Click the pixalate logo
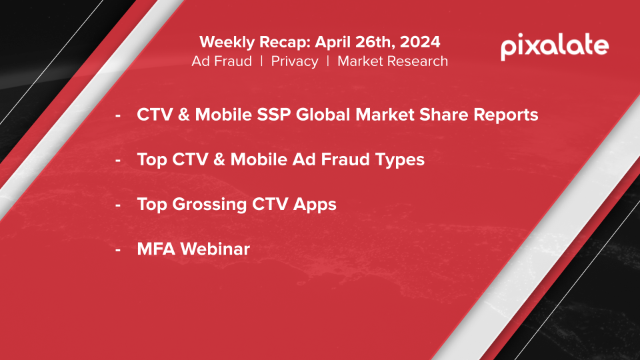click(555, 47)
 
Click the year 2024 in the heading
click(420, 42)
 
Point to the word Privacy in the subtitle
click(295, 61)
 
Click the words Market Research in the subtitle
click(393, 61)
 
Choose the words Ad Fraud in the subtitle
click(221, 61)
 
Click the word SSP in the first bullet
click(273, 115)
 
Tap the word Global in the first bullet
click(323, 115)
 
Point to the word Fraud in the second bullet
click(345, 159)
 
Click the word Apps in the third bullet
click(315, 205)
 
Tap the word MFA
click(156, 249)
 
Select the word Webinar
click(215, 249)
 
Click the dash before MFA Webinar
click(118, 249)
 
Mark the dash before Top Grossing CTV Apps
click(118, 205)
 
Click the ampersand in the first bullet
click(184, 115)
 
